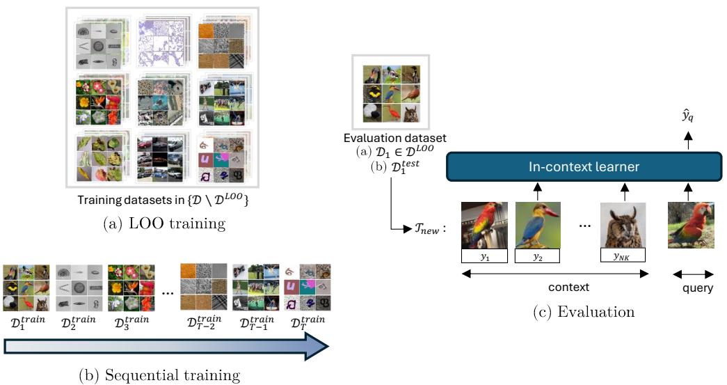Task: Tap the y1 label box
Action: tap(484, 257)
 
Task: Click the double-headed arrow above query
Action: tap(691, 274)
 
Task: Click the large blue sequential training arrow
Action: tap(165, 346)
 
